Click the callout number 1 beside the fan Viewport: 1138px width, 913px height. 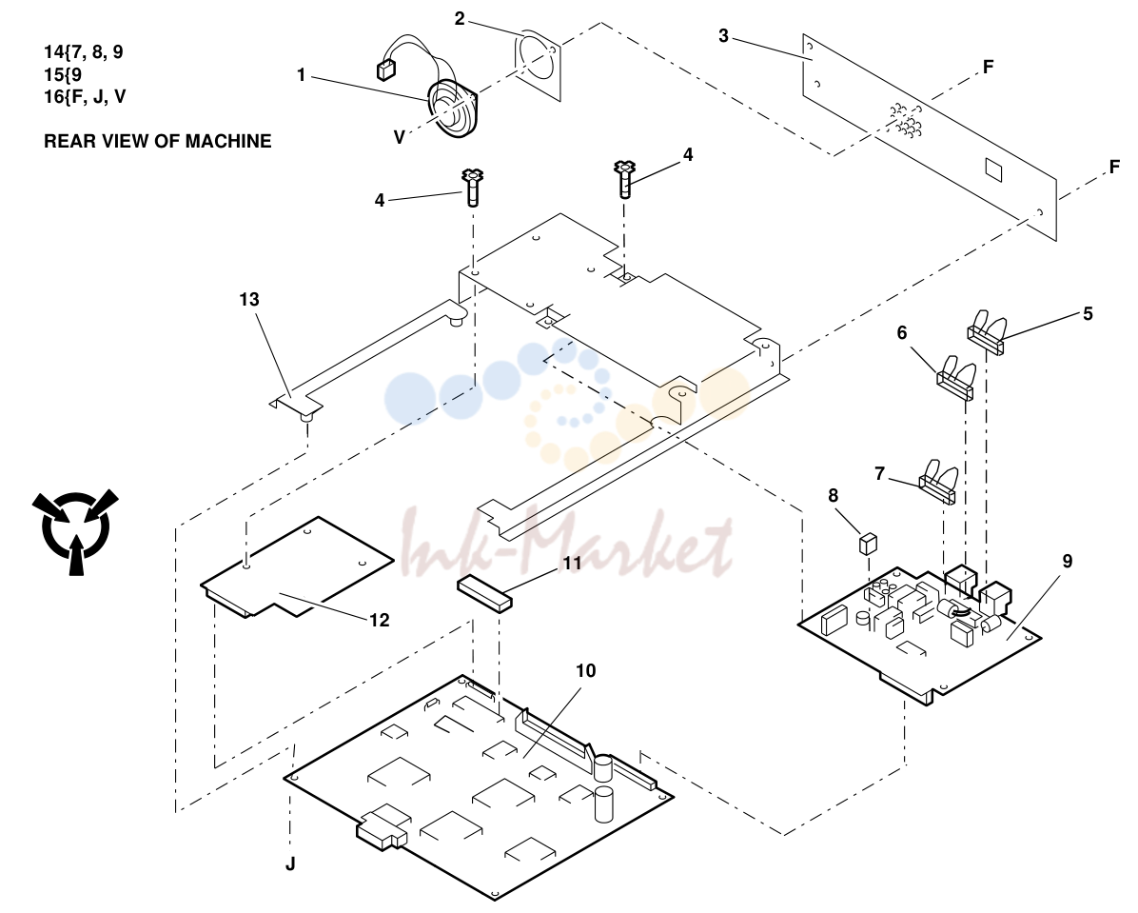[302, 75]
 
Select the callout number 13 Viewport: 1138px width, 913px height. [249, 299]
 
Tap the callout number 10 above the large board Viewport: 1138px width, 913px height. [586, 670]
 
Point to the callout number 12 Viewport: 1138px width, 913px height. [380, 620]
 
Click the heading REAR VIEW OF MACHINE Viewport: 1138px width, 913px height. [158, 141]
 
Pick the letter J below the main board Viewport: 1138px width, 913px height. [290, 863]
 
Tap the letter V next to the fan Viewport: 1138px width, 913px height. [400, 137]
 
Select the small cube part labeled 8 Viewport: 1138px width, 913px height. [868, 543]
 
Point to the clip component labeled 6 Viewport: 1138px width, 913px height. [955, 377]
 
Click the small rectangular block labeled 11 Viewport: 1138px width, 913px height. [485, 593]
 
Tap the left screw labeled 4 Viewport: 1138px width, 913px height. [472, 188]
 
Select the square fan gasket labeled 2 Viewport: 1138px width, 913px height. [539, 66]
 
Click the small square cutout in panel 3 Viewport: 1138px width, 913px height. [992, 170]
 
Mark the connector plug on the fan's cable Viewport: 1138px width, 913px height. [383, 70]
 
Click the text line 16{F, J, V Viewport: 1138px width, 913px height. [85, 96]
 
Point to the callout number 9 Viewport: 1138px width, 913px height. [1067, 562]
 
